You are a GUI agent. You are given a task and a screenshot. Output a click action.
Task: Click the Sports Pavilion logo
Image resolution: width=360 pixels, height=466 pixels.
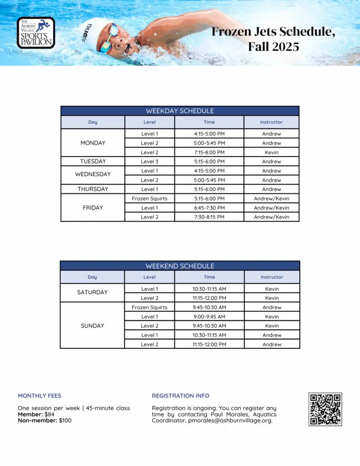pos(36,33)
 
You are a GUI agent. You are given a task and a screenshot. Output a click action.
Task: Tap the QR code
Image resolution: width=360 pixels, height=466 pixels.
pos(325,409)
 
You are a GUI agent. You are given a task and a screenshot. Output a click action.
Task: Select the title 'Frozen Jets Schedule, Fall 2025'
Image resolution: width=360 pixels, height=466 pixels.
pos(274,39)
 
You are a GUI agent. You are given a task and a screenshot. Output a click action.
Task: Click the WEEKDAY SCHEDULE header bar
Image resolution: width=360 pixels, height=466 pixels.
pos(180,111)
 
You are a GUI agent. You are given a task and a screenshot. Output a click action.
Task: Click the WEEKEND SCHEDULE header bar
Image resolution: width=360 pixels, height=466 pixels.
pos(180,266)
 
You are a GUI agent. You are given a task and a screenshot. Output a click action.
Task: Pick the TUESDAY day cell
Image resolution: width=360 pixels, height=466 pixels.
pos(93,162)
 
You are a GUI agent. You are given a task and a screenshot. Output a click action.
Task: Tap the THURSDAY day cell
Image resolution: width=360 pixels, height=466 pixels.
pos(93,189)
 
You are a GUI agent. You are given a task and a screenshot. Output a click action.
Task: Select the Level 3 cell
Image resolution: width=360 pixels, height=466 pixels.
pos(150,162)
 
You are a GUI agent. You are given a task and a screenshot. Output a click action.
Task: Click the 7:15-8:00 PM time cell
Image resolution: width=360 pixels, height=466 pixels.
pos(209,152)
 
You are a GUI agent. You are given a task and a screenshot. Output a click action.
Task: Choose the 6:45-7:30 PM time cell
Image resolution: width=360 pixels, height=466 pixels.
pos(209,208)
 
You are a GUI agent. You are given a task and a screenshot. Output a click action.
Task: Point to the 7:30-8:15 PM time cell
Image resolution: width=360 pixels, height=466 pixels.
pos(209,217)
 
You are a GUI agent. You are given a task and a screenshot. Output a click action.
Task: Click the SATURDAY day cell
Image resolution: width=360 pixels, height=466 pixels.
pos(92,293)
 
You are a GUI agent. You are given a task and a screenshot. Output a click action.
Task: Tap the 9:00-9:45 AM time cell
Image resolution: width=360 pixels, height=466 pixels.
pos(209,317)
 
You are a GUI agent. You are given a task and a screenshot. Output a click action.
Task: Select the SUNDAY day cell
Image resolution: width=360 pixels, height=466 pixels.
pos(92,326)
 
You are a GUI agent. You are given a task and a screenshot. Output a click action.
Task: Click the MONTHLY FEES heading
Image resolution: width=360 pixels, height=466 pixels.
pos(40,396)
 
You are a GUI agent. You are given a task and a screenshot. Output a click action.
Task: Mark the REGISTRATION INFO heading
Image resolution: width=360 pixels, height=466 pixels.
pos(181,396)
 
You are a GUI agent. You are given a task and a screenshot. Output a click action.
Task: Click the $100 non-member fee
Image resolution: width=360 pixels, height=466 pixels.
pos(65,420)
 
